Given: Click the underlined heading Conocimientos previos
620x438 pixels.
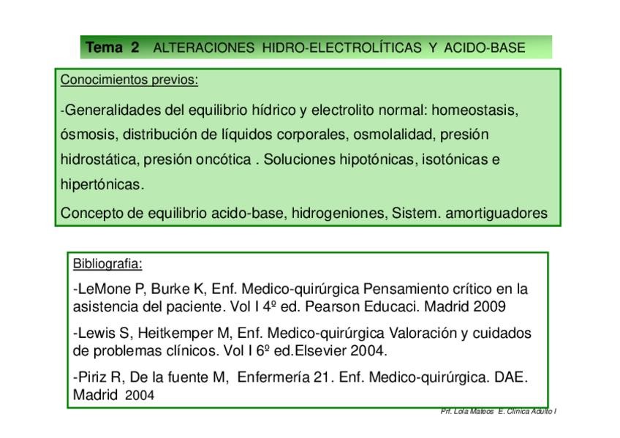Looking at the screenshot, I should click(129, 80).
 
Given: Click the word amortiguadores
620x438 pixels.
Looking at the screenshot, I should click(496, 213).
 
